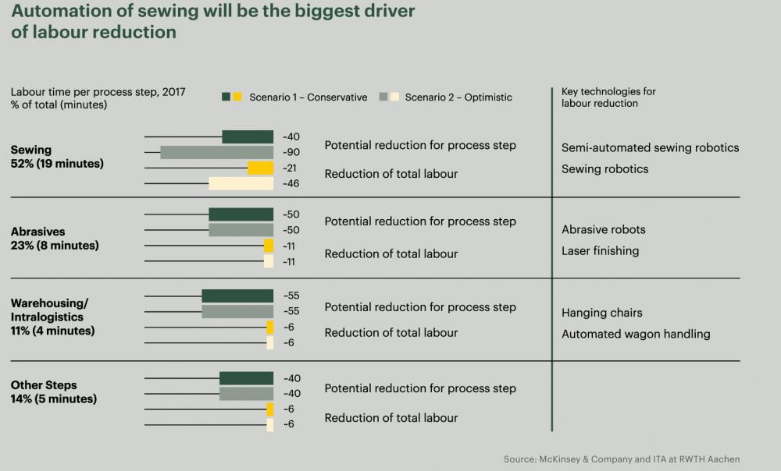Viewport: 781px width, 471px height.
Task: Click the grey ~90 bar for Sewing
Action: [x=216, y=152]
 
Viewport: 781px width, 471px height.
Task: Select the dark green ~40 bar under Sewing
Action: [x=248, y=137]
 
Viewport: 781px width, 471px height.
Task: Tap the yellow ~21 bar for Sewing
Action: [x=260, y=168]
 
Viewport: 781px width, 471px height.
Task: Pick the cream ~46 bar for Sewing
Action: [x=241, y=183]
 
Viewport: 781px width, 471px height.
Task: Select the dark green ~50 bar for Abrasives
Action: [x=241, y=214]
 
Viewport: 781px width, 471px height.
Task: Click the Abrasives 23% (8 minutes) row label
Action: [x=55, y=239]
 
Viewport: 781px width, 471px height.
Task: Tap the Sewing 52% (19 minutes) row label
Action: [x=57, y=157]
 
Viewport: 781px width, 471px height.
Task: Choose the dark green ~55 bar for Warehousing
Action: [x=237, y=296]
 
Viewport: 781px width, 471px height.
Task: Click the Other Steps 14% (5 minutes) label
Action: [x=54, y=392]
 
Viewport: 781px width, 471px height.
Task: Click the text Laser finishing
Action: [x=600, y=251]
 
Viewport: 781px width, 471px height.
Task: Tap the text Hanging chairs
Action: [x=601, y=313]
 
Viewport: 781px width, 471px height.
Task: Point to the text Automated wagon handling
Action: [x=636, y=334]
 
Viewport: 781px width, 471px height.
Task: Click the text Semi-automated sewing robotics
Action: [x=650, y=147]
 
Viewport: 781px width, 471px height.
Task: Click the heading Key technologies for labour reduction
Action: [x=608, y=97]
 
